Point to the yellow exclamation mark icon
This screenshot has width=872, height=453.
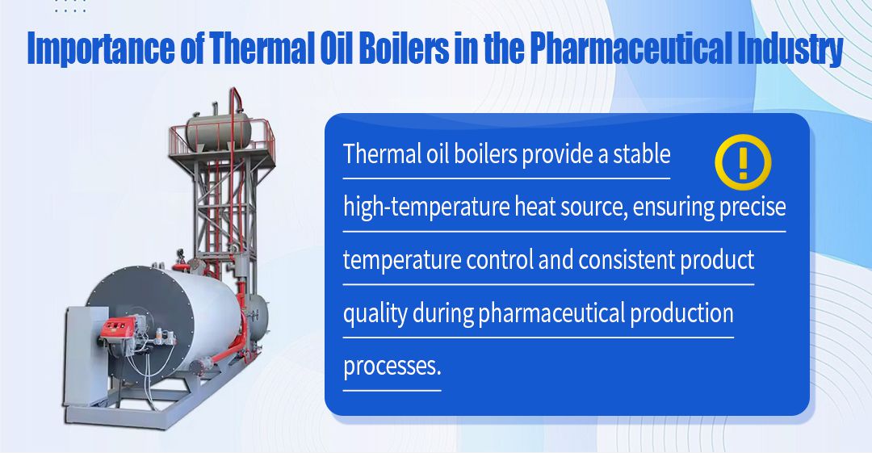(x=743, y=162)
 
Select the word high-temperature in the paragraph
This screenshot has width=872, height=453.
(x=426, y=207)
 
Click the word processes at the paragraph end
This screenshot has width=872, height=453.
(x=392, y=367)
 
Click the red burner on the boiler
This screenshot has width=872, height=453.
(x=118, y=329)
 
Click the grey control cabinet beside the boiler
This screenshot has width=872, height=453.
(x=86, y=356)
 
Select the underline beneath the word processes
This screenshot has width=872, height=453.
(x=392, y=390)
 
